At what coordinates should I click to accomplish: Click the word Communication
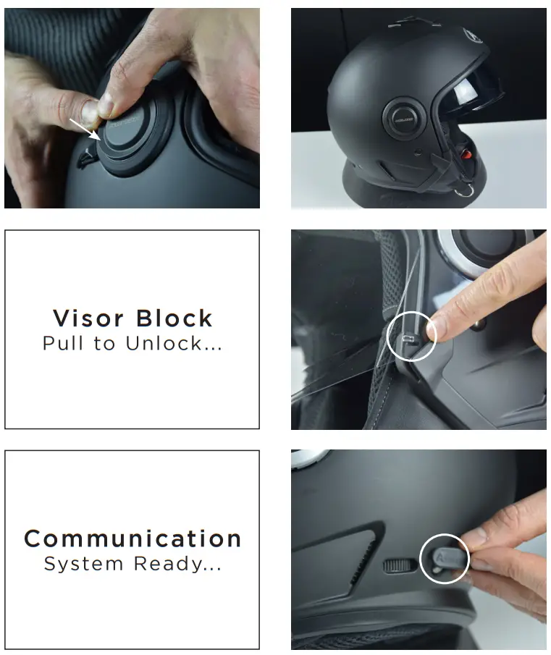click(x=133, y=538)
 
